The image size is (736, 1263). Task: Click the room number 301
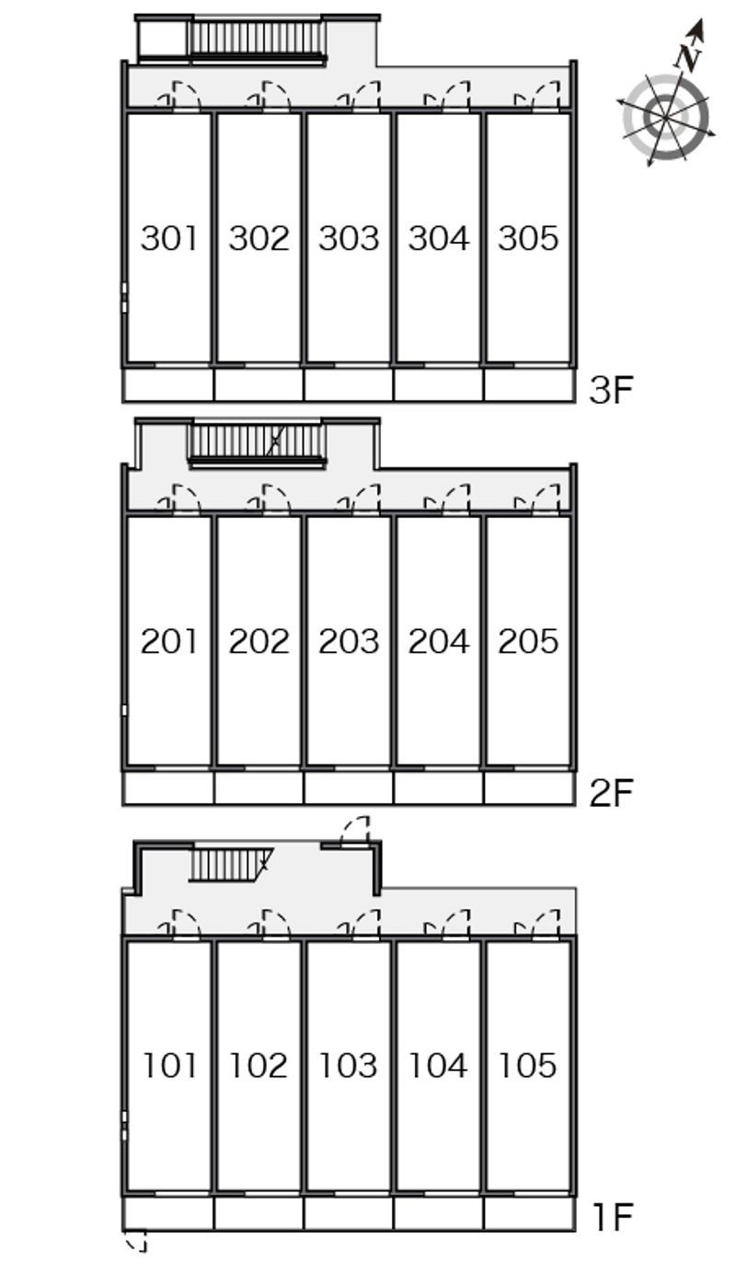(169, 238)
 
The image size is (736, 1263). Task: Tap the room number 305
(528, 238)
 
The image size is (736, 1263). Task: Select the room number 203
(349, 642)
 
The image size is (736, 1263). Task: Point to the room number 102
(259, 1065)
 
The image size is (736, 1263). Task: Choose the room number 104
(438, 1065)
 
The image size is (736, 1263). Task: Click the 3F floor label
(612, 390)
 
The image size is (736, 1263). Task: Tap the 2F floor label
(612, 793)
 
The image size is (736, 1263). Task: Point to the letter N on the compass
(689, 56)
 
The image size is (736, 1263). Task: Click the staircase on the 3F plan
(258, 39)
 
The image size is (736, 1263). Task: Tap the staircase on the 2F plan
(258, 443)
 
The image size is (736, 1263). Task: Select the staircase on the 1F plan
(230, 865)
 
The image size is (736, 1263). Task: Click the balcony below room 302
(259, 385)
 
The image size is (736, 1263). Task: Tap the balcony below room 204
(438, 788)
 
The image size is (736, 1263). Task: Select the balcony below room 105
(528, 1212)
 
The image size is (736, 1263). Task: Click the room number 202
(259, 642)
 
